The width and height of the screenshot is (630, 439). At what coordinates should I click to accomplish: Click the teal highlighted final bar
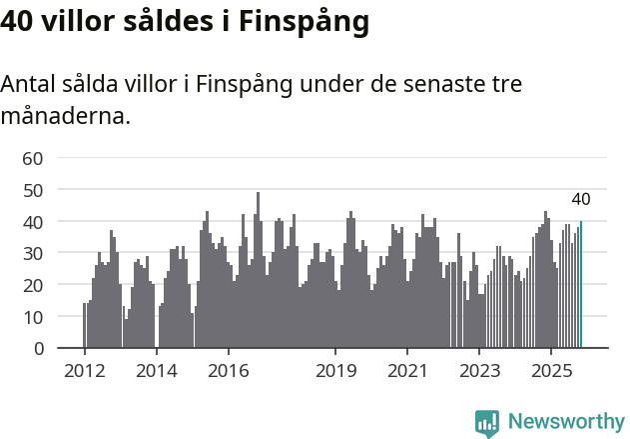tap(581, 285)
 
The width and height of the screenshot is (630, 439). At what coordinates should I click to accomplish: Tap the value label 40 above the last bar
tap(581, 199)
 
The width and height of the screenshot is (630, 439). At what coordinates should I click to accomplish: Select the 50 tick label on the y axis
tap(33, 189)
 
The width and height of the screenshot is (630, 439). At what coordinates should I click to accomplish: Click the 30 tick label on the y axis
tap(33, 253)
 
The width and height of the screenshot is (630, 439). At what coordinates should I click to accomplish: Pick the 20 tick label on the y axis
tap(33, 285)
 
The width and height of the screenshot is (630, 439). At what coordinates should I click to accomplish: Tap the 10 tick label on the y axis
tap(33, 317)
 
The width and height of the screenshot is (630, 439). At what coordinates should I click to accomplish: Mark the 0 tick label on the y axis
tap(38, 349)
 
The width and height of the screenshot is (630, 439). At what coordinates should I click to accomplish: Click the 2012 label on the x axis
tap(84, 371)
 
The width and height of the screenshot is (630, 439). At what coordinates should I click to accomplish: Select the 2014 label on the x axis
tap(156, 371)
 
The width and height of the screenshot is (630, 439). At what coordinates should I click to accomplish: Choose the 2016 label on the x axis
tap(228, 371)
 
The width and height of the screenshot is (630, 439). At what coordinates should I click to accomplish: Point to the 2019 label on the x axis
tap(335, 371)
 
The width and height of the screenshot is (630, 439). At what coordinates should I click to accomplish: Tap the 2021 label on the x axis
tap(407, 371)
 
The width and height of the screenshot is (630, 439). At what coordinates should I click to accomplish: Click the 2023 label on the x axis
tap(479, 371)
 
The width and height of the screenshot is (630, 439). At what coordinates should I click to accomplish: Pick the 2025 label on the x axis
tap(551, 371)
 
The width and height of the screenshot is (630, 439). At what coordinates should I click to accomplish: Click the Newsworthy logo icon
tap(487, 422)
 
